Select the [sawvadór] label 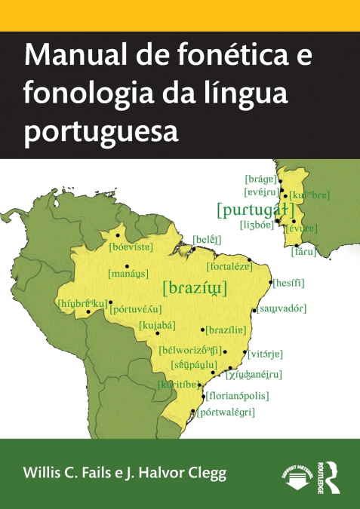tap(282, 309)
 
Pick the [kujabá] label tap(157, 325)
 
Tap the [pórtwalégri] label tap(226, 412)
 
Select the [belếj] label tap(206, 240)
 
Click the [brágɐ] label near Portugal tap(260, 179)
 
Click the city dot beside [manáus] tap(127, 265)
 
